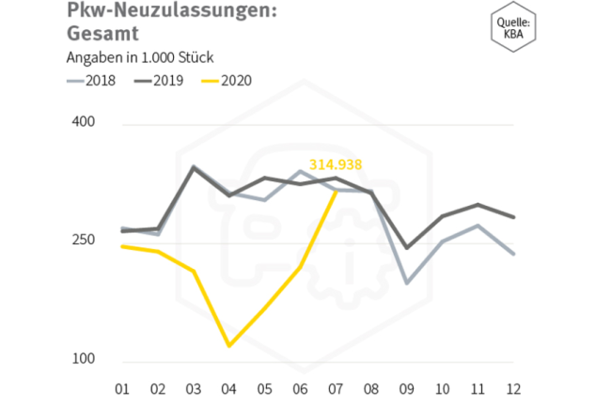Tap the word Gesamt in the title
tap(102, 34)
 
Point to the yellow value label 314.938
tap(336, 164)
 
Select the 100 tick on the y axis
tap(85, 361)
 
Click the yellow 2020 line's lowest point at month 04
tap(228, 346)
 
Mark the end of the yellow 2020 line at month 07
tap(336, 191)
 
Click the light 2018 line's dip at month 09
tap(406, 283)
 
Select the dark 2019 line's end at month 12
tap(513, 217)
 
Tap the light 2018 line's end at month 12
tap(513, 254)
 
